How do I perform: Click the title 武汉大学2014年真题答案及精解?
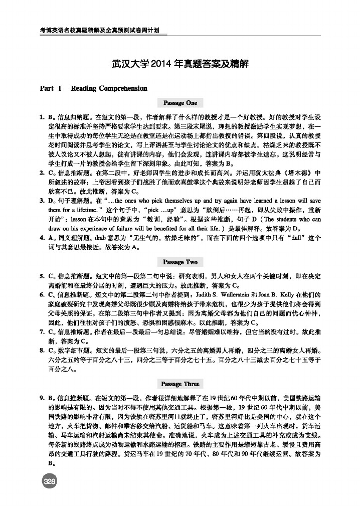[x=180, y=65]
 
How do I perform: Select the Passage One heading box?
[x=180, y=103]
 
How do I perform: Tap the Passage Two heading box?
[x=180, y=262]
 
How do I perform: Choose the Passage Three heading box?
[x=180, y=384]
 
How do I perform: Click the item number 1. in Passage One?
[x=43, y=117]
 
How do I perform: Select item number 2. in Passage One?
[x=43, y=174]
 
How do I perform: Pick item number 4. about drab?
[x=43, y=239]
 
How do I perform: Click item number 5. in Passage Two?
[x=43, y=276]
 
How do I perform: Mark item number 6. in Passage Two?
[x=43, y=295]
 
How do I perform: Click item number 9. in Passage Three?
[x=43, y=398]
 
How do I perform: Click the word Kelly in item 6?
[x=292, y=295]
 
